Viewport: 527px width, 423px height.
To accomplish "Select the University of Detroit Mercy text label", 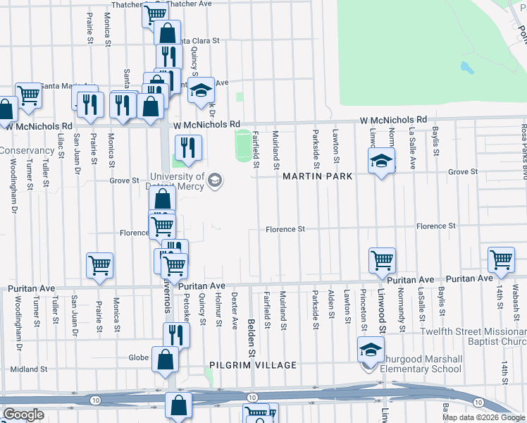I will pyautogui.click(x=178, y=181).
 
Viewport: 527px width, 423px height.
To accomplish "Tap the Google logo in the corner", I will pyautogui.click(x=23, y=415).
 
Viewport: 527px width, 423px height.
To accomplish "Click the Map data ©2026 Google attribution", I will pyautogui.click(x=483, y=417).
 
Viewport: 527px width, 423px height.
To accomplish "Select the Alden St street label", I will pyautogui.click(x=330, y=303).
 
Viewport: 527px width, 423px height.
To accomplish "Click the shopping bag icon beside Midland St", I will pyautogui.click(x=165, y=359).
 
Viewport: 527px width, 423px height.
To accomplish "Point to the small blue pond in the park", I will pyautogui.click(x=466, y=68).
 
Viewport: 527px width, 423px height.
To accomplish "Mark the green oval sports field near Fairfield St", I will pyautogui.click(x=243, y=144).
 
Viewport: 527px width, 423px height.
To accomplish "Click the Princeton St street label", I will pyautogui.click(x=364, y=309).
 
